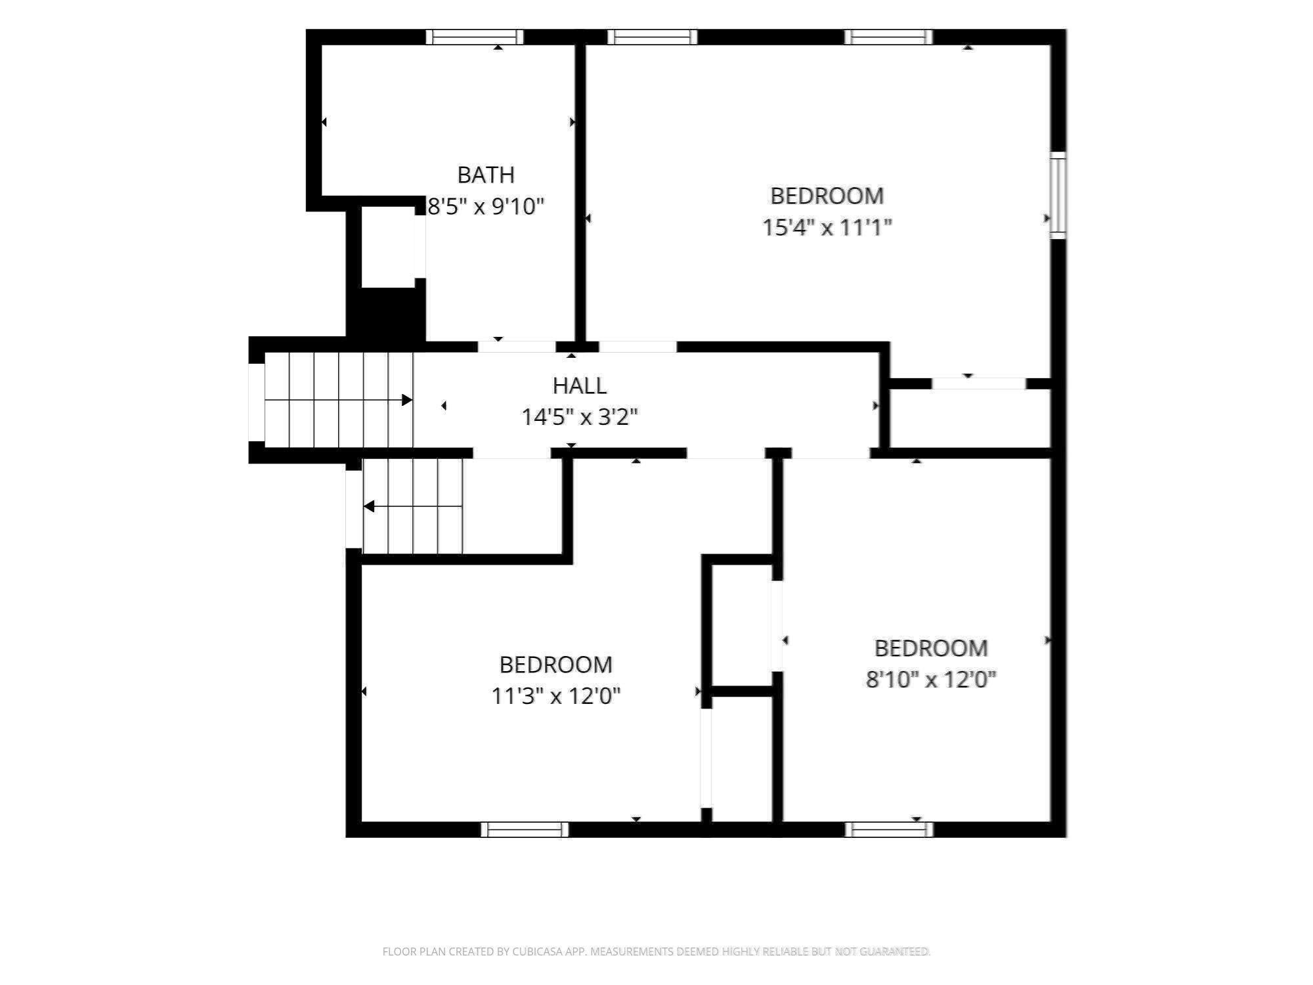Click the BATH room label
486,175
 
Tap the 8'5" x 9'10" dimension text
486,207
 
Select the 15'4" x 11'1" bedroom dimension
827,228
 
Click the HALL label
579,385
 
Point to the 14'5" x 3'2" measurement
579,417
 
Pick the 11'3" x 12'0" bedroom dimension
555,695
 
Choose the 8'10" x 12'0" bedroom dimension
930,679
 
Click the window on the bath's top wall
474,37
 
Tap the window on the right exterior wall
1058,195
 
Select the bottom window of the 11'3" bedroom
525,829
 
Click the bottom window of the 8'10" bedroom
889,829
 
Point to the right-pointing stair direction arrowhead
407,400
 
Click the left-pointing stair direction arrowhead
369,506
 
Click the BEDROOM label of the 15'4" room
827,196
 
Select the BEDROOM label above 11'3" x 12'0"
555,665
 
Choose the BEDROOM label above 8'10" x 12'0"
930,648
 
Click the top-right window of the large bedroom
888,37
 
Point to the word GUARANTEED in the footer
894,952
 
